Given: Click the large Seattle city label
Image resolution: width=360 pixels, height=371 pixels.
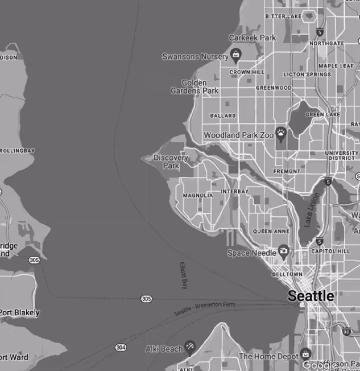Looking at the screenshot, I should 311,296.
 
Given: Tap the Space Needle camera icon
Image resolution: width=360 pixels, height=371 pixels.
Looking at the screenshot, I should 283,252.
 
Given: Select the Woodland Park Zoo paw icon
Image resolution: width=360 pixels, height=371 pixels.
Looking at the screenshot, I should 282,134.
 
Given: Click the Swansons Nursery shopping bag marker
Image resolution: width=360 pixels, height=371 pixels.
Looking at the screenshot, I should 235,55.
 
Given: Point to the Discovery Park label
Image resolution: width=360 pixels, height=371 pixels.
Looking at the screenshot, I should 171,162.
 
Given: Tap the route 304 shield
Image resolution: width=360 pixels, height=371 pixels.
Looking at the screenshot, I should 121,347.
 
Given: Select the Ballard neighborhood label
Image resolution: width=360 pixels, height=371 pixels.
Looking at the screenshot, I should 222,116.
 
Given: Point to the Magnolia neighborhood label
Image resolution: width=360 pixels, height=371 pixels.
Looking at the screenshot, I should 197,195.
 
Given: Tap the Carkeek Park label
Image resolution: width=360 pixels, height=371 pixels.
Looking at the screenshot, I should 252,38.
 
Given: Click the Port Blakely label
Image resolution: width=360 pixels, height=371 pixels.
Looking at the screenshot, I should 20,312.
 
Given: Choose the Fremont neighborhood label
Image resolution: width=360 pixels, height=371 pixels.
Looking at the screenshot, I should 287,171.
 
